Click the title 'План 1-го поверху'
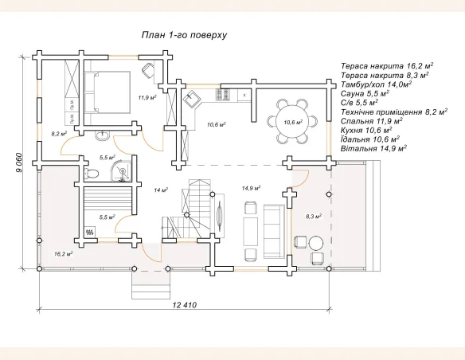pos(184,35)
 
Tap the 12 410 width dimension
pos(184,305)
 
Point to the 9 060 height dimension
pos(19,162)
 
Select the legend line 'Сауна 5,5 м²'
pos(365,94)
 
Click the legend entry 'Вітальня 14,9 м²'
pos(373,148)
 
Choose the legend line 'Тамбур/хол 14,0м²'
pos(376,84)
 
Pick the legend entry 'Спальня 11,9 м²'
pos(371,121)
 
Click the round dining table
pos(292,122)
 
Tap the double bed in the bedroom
pos(107,92)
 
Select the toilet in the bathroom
pos(91,173)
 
